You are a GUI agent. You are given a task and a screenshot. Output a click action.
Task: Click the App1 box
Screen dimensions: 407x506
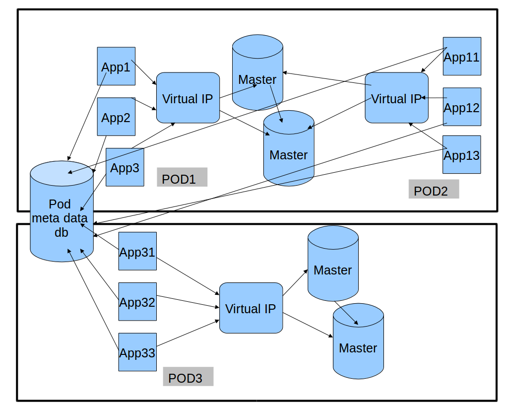click(116, 66)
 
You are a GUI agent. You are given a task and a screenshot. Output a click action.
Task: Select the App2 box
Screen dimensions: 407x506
click(116, 117)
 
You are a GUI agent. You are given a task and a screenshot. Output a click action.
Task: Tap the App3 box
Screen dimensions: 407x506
click(125, 167)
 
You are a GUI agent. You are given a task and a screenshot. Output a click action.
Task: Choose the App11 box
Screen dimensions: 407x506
click(461, 56)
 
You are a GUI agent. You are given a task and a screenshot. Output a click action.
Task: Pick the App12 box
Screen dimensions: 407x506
click(461, 107)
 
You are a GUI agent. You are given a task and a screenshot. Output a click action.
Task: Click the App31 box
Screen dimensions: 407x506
click(137, 251)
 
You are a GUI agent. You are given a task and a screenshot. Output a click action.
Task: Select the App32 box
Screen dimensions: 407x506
click(137, 301)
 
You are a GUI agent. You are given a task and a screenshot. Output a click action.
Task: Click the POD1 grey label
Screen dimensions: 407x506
click(182, 178)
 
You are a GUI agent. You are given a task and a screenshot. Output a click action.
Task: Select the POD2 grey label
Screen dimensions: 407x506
click(433, 190)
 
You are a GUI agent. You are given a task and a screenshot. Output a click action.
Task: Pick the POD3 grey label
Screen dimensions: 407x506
click(188, 377)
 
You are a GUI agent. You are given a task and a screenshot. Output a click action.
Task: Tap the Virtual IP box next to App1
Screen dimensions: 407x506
click(188, 98)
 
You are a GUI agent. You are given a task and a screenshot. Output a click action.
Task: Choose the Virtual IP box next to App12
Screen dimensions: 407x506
click(396, 98)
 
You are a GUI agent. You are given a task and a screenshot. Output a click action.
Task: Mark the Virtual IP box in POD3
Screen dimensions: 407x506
click(251, 308)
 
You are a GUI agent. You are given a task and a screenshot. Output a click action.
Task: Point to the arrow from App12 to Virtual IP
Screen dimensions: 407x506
click(435, 98)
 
